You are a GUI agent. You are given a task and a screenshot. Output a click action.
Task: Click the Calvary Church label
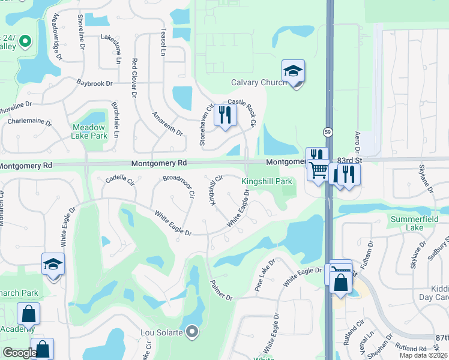click(x=258, y=83)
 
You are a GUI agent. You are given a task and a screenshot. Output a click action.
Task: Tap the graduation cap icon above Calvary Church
click(x=293, y=72)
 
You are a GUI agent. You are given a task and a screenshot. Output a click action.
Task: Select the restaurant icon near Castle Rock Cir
click(x=225, y=115)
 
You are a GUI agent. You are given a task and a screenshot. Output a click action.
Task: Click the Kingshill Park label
click(x=267, y=181)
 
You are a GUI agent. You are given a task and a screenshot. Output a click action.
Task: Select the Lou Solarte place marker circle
click(x=192, y=331)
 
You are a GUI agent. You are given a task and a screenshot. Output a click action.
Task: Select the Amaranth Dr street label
click(x=167, y=123)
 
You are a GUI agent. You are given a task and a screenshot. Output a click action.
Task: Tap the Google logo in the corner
click(x=19, y=353)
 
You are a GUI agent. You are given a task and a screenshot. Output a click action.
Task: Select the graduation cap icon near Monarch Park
click(x=53, y=265)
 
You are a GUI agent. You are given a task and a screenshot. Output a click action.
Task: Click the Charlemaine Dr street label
click(x=30, y=121)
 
